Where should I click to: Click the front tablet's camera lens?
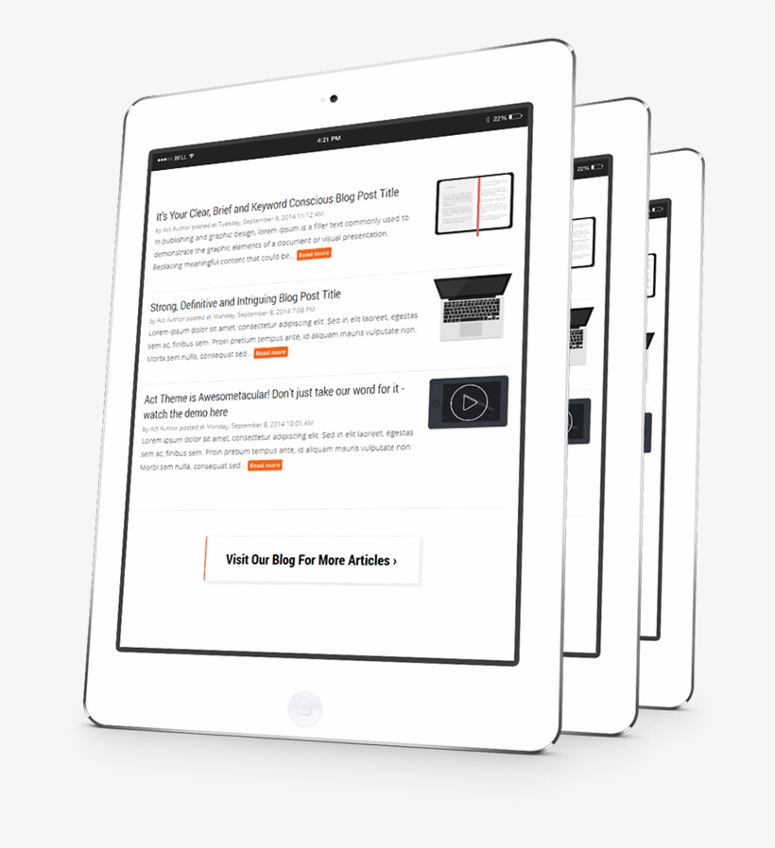[334, 98]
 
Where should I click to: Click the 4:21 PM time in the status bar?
[329, 139]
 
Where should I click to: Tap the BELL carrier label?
[180, 158]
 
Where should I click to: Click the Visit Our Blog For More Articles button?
[311, 560]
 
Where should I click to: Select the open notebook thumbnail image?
[474, 203]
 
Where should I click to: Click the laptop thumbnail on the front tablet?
[474, 307]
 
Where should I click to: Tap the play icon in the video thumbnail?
[467, 403]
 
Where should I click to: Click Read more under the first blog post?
[314, 254]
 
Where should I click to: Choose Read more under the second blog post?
[270, 352]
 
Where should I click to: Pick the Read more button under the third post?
[265, 465]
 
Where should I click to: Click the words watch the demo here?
[185, 413]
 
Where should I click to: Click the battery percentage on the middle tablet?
[584, 168]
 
